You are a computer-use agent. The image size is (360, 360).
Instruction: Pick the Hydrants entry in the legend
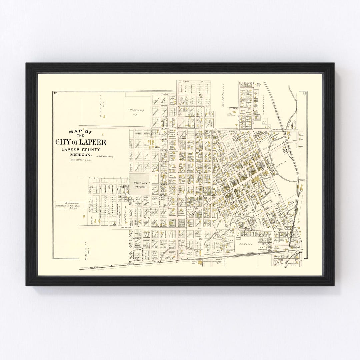(68, 207)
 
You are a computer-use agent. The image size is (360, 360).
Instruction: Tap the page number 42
(55, 94)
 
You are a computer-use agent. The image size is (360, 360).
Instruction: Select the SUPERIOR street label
(99, 210)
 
